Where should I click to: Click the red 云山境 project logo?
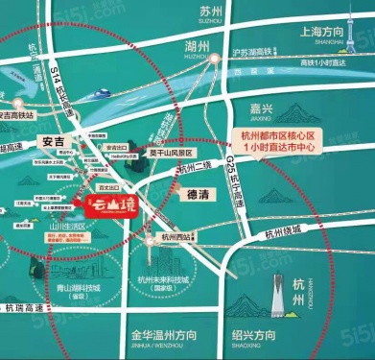pos(106,204)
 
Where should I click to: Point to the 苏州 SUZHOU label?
pos(209,13)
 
